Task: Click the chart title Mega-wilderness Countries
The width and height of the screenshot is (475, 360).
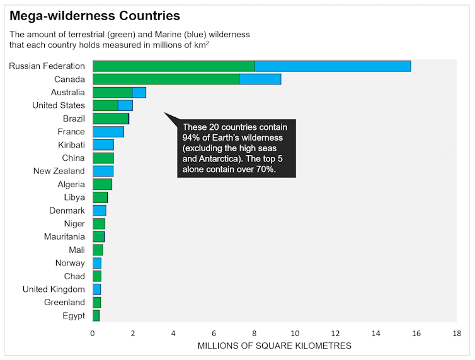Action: click(94, 16)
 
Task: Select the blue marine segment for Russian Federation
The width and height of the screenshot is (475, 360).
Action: click(333, 66)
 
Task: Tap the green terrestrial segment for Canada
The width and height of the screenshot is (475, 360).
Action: click(166, 79)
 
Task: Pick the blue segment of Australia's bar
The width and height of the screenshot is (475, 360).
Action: click(139, 93)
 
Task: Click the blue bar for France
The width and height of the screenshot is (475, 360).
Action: click(108, 132)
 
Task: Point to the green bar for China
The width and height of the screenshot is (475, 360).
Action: click(103, 158)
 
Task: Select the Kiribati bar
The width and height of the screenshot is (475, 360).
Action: click(103, 145)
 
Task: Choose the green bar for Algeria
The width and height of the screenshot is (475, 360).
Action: click(102, 184)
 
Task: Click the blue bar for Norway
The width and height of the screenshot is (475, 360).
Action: click(97, 263)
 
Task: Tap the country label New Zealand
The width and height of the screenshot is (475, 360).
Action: click(59, 171)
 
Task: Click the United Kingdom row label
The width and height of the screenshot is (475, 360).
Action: click(54, 289)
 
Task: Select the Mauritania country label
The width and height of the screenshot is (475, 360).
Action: click(64, 237)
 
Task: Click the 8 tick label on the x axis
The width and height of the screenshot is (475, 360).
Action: click(255, 333)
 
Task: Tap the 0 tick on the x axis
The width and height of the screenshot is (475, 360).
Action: click(93, 333)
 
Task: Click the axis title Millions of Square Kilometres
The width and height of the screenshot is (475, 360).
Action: click(274, 346)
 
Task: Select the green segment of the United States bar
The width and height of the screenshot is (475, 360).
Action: click(105, 105)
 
